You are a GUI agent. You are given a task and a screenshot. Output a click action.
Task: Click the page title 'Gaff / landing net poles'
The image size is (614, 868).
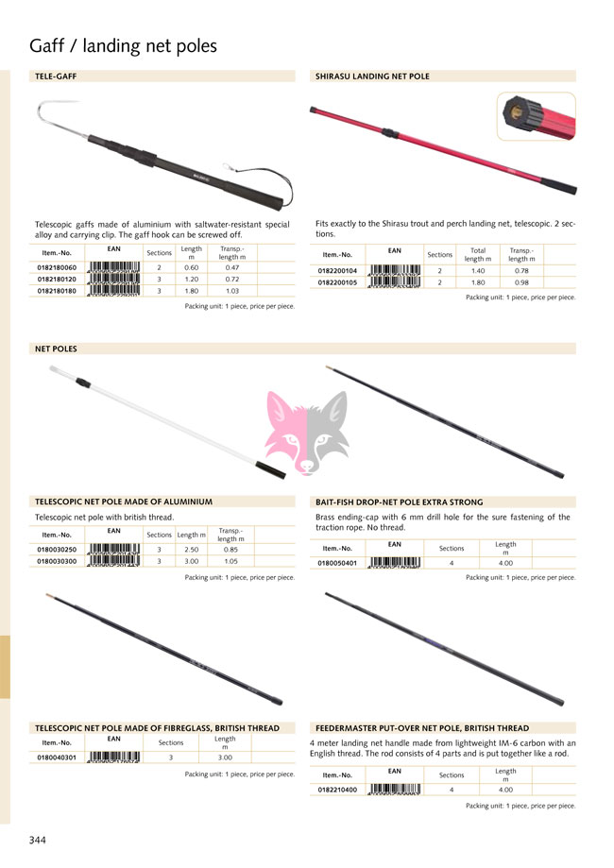123,46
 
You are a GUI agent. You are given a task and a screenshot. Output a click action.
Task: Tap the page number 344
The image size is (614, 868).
38,840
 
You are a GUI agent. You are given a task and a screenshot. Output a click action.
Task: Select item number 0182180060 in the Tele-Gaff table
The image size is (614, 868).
56,267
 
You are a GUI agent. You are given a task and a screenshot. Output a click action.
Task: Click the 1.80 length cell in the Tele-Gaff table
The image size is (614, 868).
191,291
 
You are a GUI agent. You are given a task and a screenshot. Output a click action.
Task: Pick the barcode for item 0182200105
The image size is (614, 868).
394,282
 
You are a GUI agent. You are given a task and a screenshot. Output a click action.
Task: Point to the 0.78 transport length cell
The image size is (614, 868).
521,271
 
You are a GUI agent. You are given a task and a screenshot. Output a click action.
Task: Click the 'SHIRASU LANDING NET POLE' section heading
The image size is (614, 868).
372,77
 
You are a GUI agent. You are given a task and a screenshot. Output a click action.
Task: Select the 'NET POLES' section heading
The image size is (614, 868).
56,349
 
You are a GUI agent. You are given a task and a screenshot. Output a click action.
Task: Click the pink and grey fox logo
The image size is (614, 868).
306,423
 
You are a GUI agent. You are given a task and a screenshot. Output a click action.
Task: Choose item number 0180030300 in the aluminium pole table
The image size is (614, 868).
56,560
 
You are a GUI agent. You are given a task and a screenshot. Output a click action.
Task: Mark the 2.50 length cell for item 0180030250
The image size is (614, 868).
191,549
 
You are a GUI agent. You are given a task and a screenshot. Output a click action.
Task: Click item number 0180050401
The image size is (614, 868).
337,562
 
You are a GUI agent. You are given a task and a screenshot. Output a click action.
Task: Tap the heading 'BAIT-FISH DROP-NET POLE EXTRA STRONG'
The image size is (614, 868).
399,502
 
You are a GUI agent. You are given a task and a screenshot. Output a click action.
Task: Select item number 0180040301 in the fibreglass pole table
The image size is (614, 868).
56,757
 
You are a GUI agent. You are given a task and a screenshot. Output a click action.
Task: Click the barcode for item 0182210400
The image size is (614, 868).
394,789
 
